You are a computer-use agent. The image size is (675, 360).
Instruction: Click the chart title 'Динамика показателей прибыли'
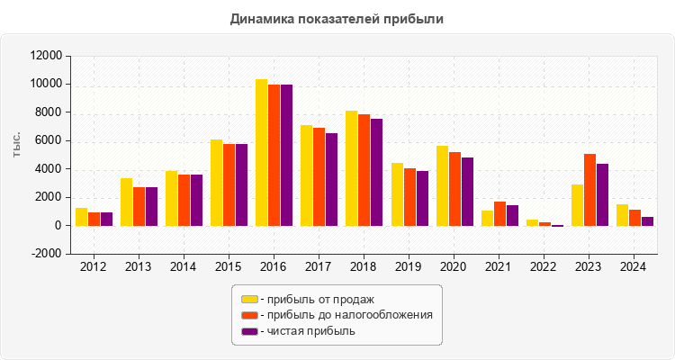click(x=337, y=18)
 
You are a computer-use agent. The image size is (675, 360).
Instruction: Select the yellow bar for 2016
click(x=261, y=153)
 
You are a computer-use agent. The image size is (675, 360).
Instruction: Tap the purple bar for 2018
click(x=376, y=172)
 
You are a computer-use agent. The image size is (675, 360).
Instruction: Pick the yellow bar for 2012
click(x=81, y=217)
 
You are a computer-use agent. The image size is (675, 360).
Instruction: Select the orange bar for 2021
click(x=499, y=213)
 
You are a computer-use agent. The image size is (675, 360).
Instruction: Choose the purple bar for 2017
click(x=331, y=179)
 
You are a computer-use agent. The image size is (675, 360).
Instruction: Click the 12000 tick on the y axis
click(x=45, y=56)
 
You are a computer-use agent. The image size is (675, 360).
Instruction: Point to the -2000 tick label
click(x=45, y=254)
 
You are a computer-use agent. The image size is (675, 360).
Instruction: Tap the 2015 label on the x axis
click(x=229, y=267)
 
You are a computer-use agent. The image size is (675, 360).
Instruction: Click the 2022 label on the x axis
click(x=544, y=267)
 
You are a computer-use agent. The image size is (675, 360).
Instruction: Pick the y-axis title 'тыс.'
click(x=17, y=144)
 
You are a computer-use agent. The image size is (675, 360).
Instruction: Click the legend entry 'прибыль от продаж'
click(x=316, y=299)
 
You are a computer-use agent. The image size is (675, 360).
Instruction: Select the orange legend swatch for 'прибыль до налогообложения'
click(x=249, y=315)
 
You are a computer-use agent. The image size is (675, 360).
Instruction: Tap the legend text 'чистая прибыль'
click(x=307, y=331)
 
